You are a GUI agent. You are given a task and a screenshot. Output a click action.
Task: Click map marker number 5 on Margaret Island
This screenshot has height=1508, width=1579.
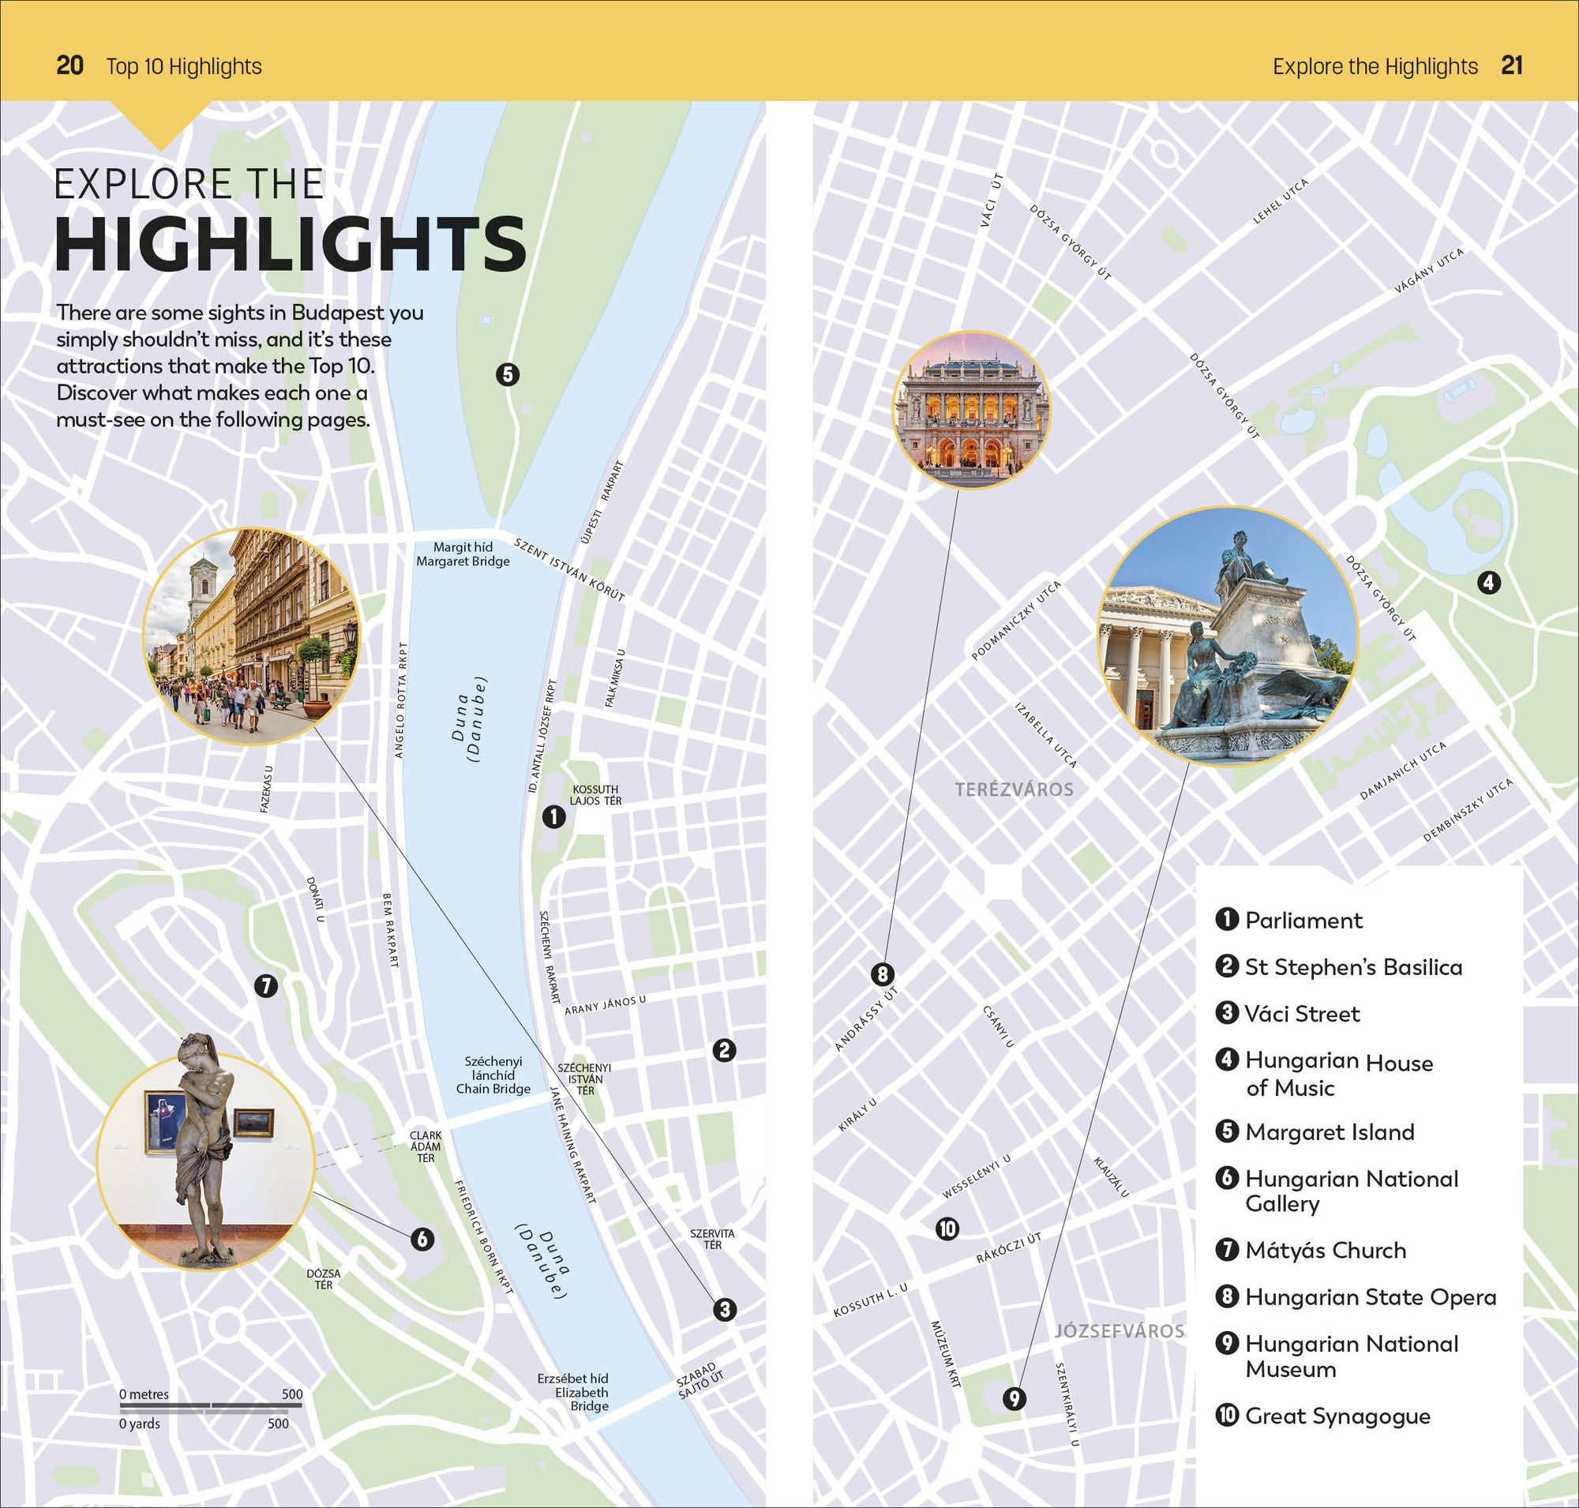click(508, 373)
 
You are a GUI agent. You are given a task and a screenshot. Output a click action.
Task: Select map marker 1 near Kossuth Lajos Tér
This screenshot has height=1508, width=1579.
click(554, 816)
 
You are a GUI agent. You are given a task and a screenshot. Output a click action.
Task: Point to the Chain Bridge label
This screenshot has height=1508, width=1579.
click(493, 1075)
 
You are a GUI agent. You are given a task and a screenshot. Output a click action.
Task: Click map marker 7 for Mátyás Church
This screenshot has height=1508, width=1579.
click(266, 985)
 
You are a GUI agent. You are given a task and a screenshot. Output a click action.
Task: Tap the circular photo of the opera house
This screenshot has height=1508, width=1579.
click(971, 410)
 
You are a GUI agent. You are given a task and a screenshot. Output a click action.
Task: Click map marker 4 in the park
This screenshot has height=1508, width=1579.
click(1489, 582)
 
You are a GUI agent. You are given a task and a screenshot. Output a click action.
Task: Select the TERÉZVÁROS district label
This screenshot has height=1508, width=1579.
click(1014, 790)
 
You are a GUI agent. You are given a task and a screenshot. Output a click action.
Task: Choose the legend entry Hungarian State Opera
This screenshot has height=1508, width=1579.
click(1370, 1296)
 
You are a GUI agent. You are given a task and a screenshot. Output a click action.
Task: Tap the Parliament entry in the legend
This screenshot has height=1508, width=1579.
click(1303, 921)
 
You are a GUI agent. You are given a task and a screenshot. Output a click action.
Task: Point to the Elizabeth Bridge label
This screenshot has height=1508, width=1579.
click(573, 1391)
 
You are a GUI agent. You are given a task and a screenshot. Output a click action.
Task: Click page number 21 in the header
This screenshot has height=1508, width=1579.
click(1511, 66)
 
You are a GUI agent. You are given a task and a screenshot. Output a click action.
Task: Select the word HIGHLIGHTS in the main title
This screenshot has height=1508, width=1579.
click(291, 243)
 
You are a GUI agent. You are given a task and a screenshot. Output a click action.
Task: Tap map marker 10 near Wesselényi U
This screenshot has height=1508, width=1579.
click(947, 1229)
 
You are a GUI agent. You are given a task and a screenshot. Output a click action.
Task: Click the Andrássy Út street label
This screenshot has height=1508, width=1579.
click(866, 1018)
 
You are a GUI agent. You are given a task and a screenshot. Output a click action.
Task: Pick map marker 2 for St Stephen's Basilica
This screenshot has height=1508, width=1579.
click(723, 1050)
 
